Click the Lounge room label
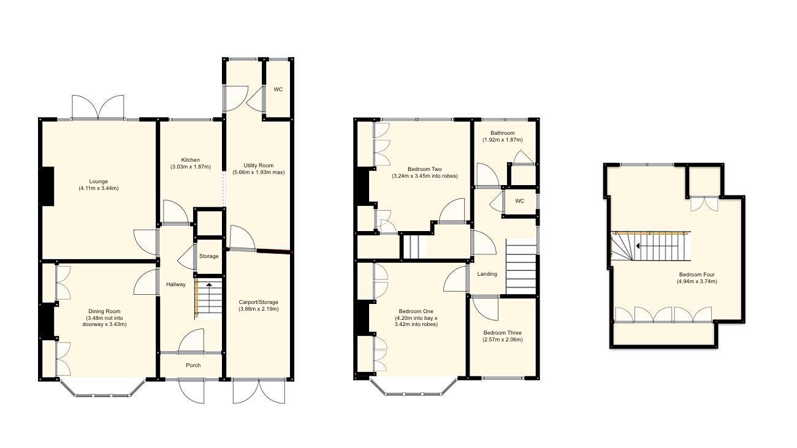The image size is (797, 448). [98, 181]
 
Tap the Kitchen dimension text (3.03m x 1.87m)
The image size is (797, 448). [190, 167]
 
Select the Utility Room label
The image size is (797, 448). [258, 165]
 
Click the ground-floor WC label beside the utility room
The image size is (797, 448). [278, 89]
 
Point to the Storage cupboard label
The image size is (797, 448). [208, 256]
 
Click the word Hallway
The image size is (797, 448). [175, 284]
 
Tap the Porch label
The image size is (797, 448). [193, 365]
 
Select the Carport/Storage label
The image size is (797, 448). [258, 302]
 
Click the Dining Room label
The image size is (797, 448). [99, 311]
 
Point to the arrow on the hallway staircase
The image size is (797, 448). [208, 285]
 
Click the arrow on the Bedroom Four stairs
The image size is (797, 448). [639, 246]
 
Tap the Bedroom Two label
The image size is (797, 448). [425, 169]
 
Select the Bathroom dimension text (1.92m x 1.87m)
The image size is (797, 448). [503, 140]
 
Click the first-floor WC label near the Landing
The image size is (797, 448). [520, 201]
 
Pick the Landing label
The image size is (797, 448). [487, 274]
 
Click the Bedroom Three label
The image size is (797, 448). [502, 333]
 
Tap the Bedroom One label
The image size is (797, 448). [416, 311]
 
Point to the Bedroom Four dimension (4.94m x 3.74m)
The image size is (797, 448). [696, 281]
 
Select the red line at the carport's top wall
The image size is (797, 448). [273, 251]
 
